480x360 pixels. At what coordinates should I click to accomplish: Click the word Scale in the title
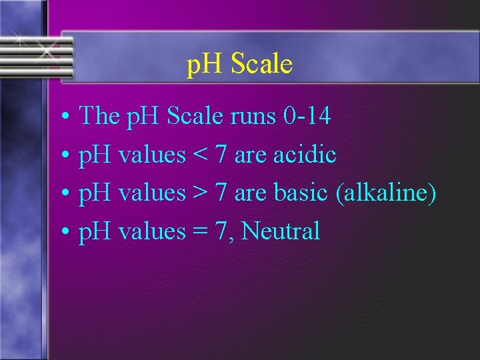pyautogui.click(x=262, y=65)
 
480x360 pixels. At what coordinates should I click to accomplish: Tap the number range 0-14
pyautogui.click(x=307, y=117)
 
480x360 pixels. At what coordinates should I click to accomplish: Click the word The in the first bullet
pyautogui.click(x=99, y=117)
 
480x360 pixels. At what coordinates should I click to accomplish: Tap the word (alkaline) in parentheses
pyautogui.click(x=387, y=194)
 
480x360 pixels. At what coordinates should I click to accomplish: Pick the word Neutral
pyautogui.click(x=281, y=231)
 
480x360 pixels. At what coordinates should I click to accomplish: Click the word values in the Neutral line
pyautogui.click(x=151, y=231)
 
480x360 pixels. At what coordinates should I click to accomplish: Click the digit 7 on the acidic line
pyautogui.click(x=221, y=155)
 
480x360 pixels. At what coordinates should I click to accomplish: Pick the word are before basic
pyautogui.click(x=251, y=194)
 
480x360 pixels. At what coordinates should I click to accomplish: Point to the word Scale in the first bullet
pyautogui.click(x=195, y=117)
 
